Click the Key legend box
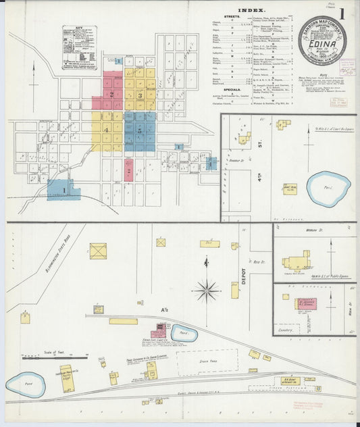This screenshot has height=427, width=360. tap(78, 47)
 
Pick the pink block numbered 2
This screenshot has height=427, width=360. tap(111, 95)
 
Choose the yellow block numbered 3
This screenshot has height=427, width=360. tap(139, 95)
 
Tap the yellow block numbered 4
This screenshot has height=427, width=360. tap(107, 130)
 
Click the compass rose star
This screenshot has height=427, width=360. tap(206, 291)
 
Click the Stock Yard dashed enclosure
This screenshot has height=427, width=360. tap(207, 361)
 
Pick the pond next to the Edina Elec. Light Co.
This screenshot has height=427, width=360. tap(182, 332)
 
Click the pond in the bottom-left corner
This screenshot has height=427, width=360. tap(26, 384)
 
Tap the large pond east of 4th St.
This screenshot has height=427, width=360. tap(328, 189)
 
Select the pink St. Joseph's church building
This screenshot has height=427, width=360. tap(305, 303)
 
